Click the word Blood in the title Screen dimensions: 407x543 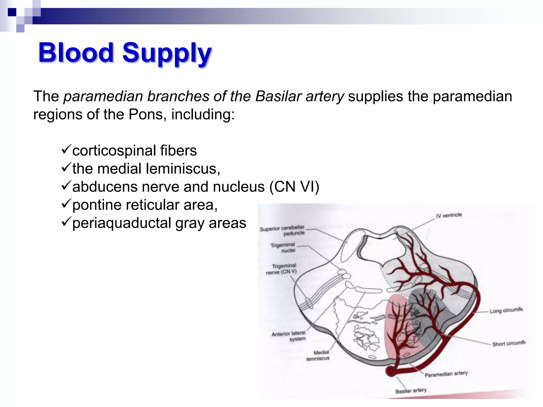pos(76,52)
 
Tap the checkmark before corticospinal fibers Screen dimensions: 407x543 pos(66,150)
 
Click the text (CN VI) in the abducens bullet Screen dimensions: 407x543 pos(294,187)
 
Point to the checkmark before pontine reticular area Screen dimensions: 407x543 pos(66,204)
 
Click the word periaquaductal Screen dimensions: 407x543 pos(121,223)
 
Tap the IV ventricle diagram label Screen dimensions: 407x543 pos(449,215)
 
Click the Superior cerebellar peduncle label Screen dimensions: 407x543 pos(283,230)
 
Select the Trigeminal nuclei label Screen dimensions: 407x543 pos(283,247)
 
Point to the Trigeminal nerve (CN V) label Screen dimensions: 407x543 pos(282,269)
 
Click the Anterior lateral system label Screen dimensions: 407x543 pos(289,336)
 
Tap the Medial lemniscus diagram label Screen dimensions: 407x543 pos(318,355)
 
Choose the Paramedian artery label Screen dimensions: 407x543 pos(446,374)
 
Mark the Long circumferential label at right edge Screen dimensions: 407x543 pos(506,310)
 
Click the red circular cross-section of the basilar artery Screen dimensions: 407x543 pos(391,371)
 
